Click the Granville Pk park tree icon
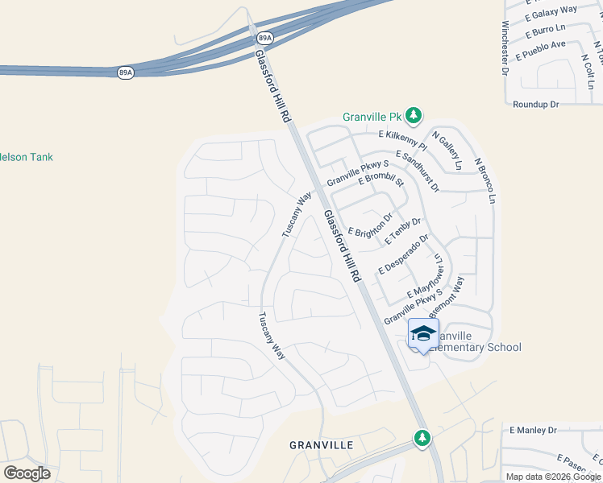point(414,116)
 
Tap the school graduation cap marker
point(423,333)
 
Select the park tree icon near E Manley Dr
point(422,438)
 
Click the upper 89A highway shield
point(264,38)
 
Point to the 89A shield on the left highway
point(125,72)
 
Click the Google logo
point(27,473)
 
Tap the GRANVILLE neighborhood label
point(322,444)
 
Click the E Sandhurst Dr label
point(418,170)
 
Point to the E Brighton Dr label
point(370,223)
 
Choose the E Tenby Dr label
point(403,232)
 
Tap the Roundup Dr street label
point(535,105)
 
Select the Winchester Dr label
point(505,47)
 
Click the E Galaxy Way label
point(551,11)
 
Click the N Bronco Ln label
point(485,180)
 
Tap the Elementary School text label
point(476,348)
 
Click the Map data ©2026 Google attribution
point(554,477)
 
